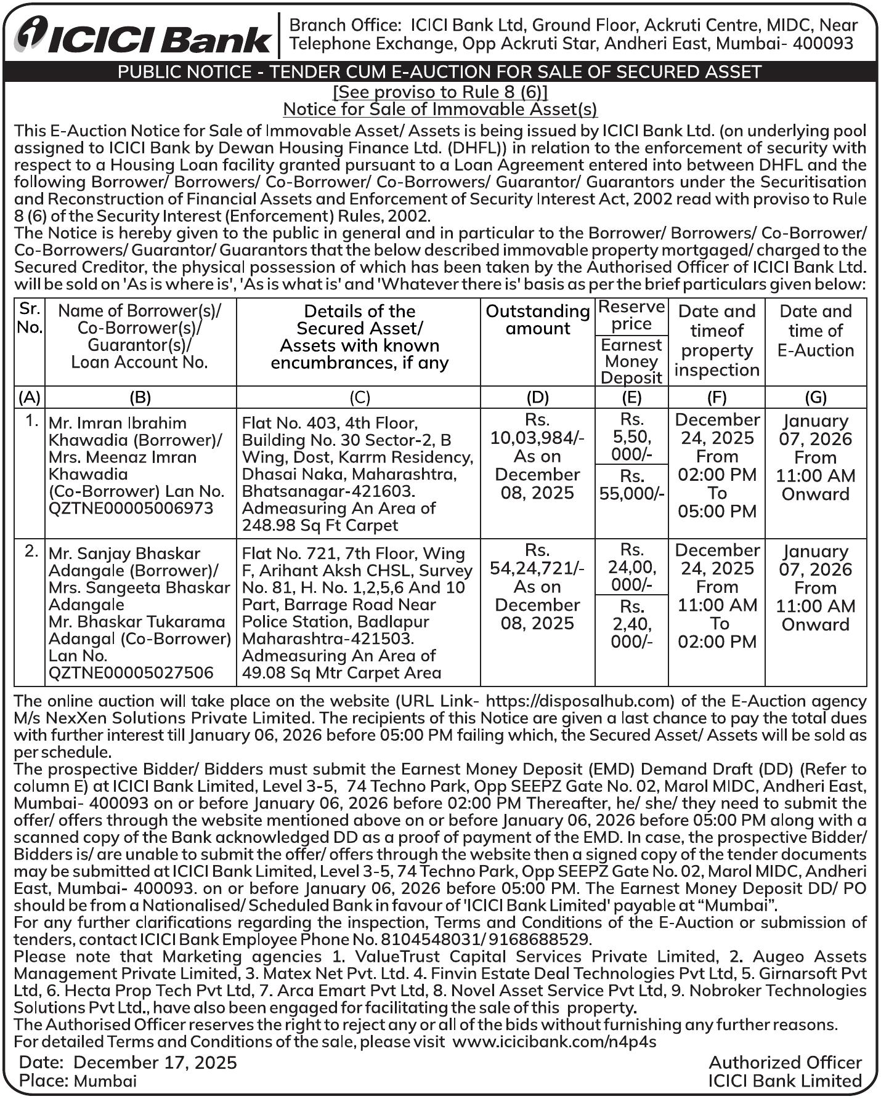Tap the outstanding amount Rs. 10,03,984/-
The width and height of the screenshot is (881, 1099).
point(537,438)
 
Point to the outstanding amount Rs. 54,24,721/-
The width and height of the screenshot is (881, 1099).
point(537,568)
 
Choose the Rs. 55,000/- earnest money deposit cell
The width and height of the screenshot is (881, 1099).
point(631,485)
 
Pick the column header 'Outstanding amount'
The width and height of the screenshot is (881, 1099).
point(537,320)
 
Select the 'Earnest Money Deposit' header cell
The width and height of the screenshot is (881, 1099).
point(631,361)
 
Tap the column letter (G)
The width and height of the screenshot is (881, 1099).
point(815,397)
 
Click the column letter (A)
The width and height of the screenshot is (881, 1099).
point(29,397)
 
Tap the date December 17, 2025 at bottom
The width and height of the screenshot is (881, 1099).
point(155,1063)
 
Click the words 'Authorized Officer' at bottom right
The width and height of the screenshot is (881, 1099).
point(785,1063)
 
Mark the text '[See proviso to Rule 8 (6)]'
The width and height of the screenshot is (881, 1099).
point(440,92)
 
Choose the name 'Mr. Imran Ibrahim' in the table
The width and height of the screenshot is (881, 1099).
point(117,423)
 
